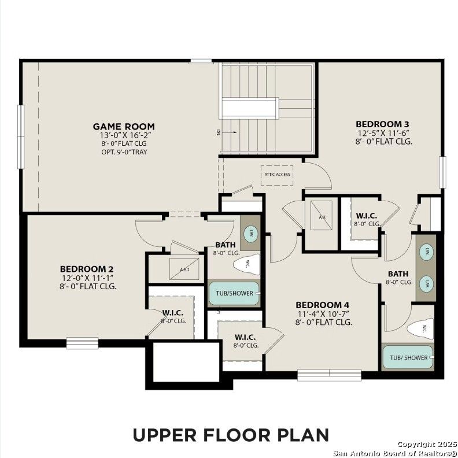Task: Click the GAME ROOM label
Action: pyautogui.click(x=124, y=127)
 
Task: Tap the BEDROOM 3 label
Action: pyautogui.click(x=382, y=124)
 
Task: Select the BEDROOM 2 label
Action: pyautogui.click(x=86, y=269)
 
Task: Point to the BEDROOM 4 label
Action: pyautogui.click(x=323, y=305)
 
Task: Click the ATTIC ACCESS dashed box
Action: pyautogui.click(x=276, y=175)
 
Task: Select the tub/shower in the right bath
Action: pyautogui.click(x=408, y=357)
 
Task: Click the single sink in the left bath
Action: pyautogui.click(x=251, y=235)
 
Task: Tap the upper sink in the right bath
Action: pyautogui.click(x=426, y=253)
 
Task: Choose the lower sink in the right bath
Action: pyautogui.click(x=426, y=284)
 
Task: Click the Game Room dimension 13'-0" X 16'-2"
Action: pyautogui.click(x=124, y=135)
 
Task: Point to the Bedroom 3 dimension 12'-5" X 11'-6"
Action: pyautogui.click(x=382, y=132)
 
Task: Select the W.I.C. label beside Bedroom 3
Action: pyautogui.click(x=367, y=215)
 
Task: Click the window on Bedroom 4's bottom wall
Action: pyautogui.click(x=321, y=375)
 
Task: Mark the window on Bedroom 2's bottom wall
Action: pyautogui.click(x=82, y=343)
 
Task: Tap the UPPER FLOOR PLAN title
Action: pyautogui.click(x=231, y=434)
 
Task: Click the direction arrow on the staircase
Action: pyautogui.click(x=230, y=132)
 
